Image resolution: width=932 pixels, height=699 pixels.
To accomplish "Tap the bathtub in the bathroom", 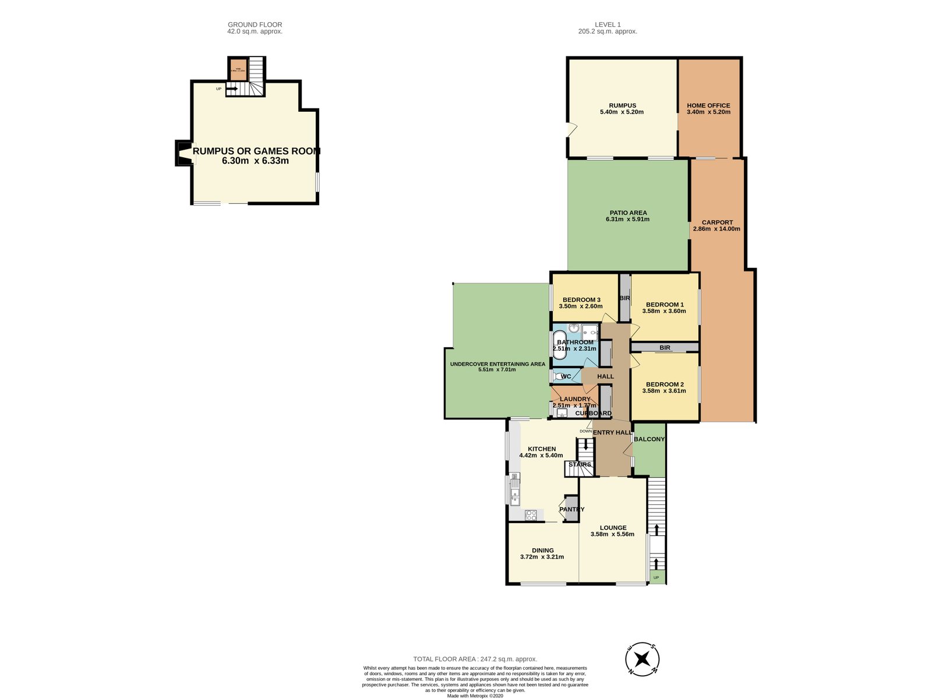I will tap(560, 345).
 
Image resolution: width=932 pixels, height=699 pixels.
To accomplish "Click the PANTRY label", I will tap(571, 509).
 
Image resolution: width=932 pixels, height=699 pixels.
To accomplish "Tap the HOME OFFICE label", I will tap(708, 105).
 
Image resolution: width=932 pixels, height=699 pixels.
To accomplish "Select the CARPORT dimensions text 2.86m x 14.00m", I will tap(716, 229).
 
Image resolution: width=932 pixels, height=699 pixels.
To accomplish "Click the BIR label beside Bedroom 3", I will tap(624, 298).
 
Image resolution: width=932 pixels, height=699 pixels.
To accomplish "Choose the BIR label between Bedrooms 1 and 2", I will tap(665, 348).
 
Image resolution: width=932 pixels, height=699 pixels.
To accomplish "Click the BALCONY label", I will tap(649, 439).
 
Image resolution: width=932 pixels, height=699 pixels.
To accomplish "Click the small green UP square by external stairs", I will tap(657, 578).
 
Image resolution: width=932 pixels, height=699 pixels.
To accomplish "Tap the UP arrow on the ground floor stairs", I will tap(232, 89).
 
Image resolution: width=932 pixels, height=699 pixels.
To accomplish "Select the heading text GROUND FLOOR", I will tap(255, 24).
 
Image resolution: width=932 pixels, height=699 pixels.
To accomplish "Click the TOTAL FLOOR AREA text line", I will tap(475, 659).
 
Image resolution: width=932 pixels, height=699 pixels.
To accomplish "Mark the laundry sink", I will tap(562, 414).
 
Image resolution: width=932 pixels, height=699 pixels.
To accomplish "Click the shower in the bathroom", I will tap(589, 331).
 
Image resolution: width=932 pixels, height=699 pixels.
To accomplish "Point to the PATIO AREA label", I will tap(628, 213).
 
